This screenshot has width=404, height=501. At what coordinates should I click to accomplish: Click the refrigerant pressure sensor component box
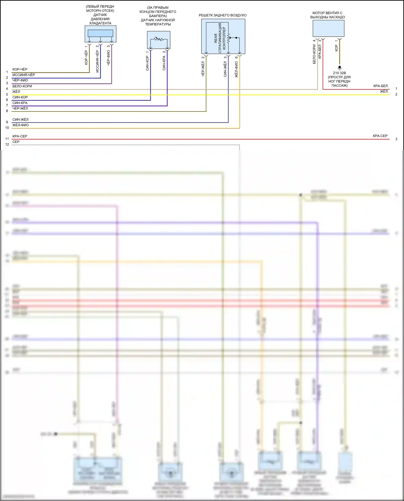(x=100, y=34)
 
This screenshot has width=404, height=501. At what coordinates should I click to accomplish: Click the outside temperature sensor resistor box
(x=159, y=40)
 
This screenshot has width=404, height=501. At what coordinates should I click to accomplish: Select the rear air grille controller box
(x=223, y=36)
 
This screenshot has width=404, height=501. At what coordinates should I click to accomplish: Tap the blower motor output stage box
(x=328, y=28)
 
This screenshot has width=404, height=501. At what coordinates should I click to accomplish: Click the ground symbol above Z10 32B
(x=340, y=68)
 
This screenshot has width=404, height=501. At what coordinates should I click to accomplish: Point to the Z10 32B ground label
(x=339, y=73)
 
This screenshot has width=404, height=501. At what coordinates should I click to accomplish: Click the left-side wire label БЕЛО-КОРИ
(x=22, y=86)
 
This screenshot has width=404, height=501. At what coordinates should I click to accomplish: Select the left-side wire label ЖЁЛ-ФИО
(x=20, y=125)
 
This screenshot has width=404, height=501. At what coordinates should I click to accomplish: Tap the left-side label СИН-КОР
(x=20, y=97)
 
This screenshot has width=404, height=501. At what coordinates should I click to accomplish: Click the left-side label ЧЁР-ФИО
(x=20, y=80)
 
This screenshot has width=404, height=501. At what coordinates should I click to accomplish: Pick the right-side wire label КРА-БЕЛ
(x=380, y=86)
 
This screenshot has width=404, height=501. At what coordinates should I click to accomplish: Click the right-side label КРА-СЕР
(x=380, y=136)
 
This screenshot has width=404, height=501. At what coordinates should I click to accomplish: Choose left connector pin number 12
(x=7, y=145)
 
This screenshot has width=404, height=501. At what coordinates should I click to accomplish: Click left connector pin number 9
(x=7, y=122)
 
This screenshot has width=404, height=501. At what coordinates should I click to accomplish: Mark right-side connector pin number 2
(x=396, y=94)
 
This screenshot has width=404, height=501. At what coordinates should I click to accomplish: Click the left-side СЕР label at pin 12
(x=16, y=142)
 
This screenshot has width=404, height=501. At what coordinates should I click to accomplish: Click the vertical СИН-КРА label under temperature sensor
(x=164, y=63)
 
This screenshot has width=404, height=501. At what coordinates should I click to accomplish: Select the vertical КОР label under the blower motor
(x=336, y=48)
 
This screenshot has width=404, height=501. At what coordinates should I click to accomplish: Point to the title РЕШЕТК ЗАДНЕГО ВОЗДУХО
(x=222, y=15)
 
